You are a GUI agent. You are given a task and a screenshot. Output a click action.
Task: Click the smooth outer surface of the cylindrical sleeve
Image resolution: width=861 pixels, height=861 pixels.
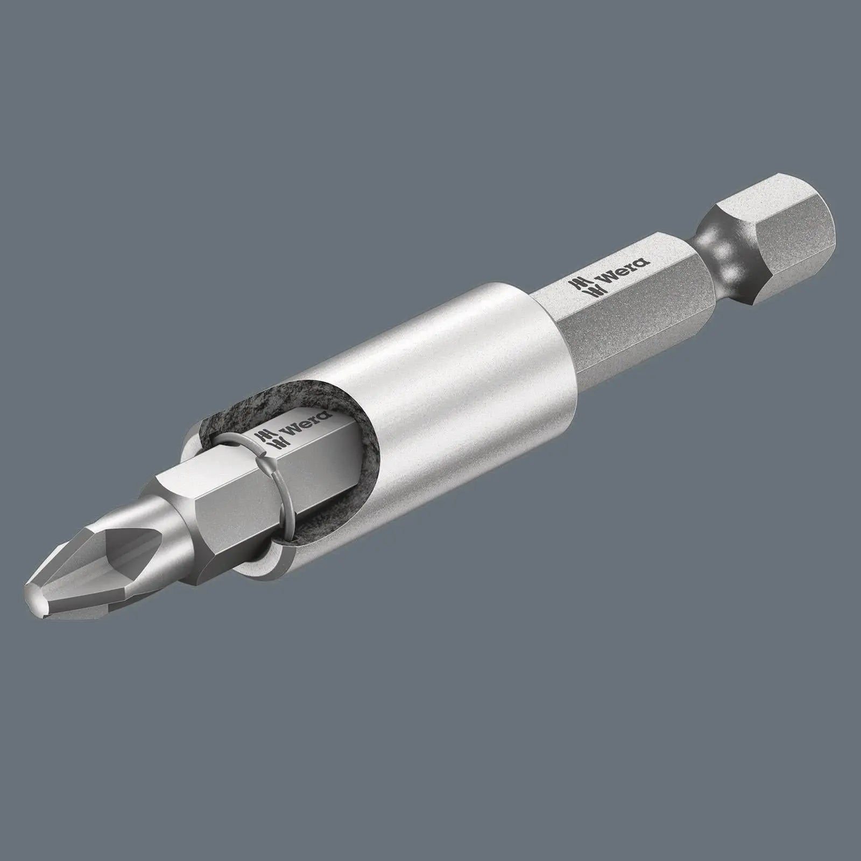click(x=441, y=377)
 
